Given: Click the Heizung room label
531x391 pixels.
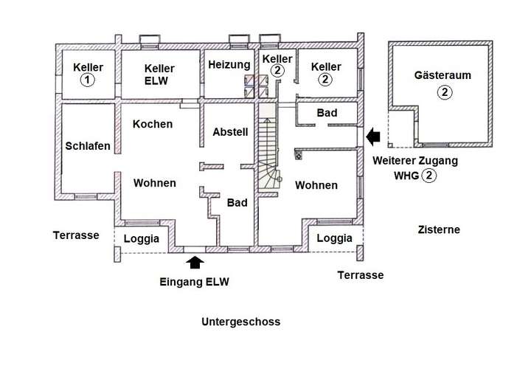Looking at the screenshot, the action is tap(229, 65).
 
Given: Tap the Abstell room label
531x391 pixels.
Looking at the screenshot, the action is tap(230, 132).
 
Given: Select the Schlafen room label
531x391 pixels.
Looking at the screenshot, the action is tap(88, 146).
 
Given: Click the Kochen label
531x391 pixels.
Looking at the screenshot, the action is tap(153, 124).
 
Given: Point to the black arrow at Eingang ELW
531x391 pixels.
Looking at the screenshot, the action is tap(195, 262).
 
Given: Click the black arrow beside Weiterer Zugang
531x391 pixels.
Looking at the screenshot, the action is tap(373, 137).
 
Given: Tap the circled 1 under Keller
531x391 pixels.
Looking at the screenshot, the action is tap(87, 80).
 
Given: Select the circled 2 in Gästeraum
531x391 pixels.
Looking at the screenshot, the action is tap(444, 92).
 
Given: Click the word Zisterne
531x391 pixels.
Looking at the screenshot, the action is tap(439, 229).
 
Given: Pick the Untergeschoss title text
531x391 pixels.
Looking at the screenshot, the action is tap(240, 322).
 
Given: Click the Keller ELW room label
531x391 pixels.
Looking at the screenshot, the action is tap(159, 75).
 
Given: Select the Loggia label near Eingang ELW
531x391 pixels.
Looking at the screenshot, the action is tap(141, 238).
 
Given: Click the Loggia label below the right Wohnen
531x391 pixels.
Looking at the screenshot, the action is tap(334, 238).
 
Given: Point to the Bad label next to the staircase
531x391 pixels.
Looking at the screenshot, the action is tap(237, 203).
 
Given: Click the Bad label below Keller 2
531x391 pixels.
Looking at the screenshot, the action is tap(327, 113).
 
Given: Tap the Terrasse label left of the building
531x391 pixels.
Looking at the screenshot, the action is tap(76, 235).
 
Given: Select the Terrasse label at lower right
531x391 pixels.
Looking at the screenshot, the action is tap(361, 275).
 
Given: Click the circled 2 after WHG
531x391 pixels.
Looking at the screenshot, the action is tap(429, 176).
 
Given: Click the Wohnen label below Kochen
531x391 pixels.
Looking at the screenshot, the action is tap(154, 183).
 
